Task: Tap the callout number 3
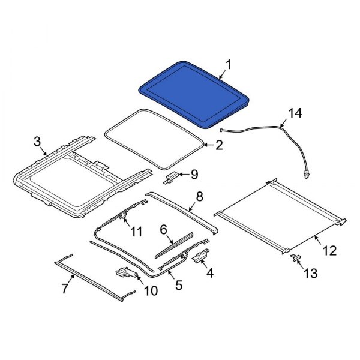point(37,142)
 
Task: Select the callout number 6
point(163,229)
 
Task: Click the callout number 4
point(209,273)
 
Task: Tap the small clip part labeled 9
point(171,177)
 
